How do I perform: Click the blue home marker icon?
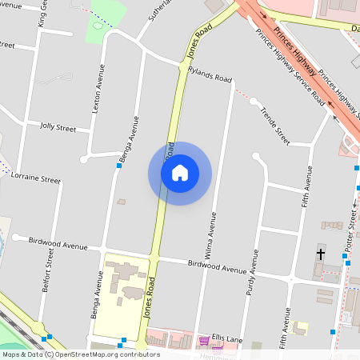180,173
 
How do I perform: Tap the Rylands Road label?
210,76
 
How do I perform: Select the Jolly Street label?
58,127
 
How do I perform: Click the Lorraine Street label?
36,178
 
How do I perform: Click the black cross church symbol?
321,254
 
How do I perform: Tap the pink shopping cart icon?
205,342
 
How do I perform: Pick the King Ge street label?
42,14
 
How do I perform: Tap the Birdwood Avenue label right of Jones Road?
218,266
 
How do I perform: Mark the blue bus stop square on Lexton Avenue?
119,165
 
